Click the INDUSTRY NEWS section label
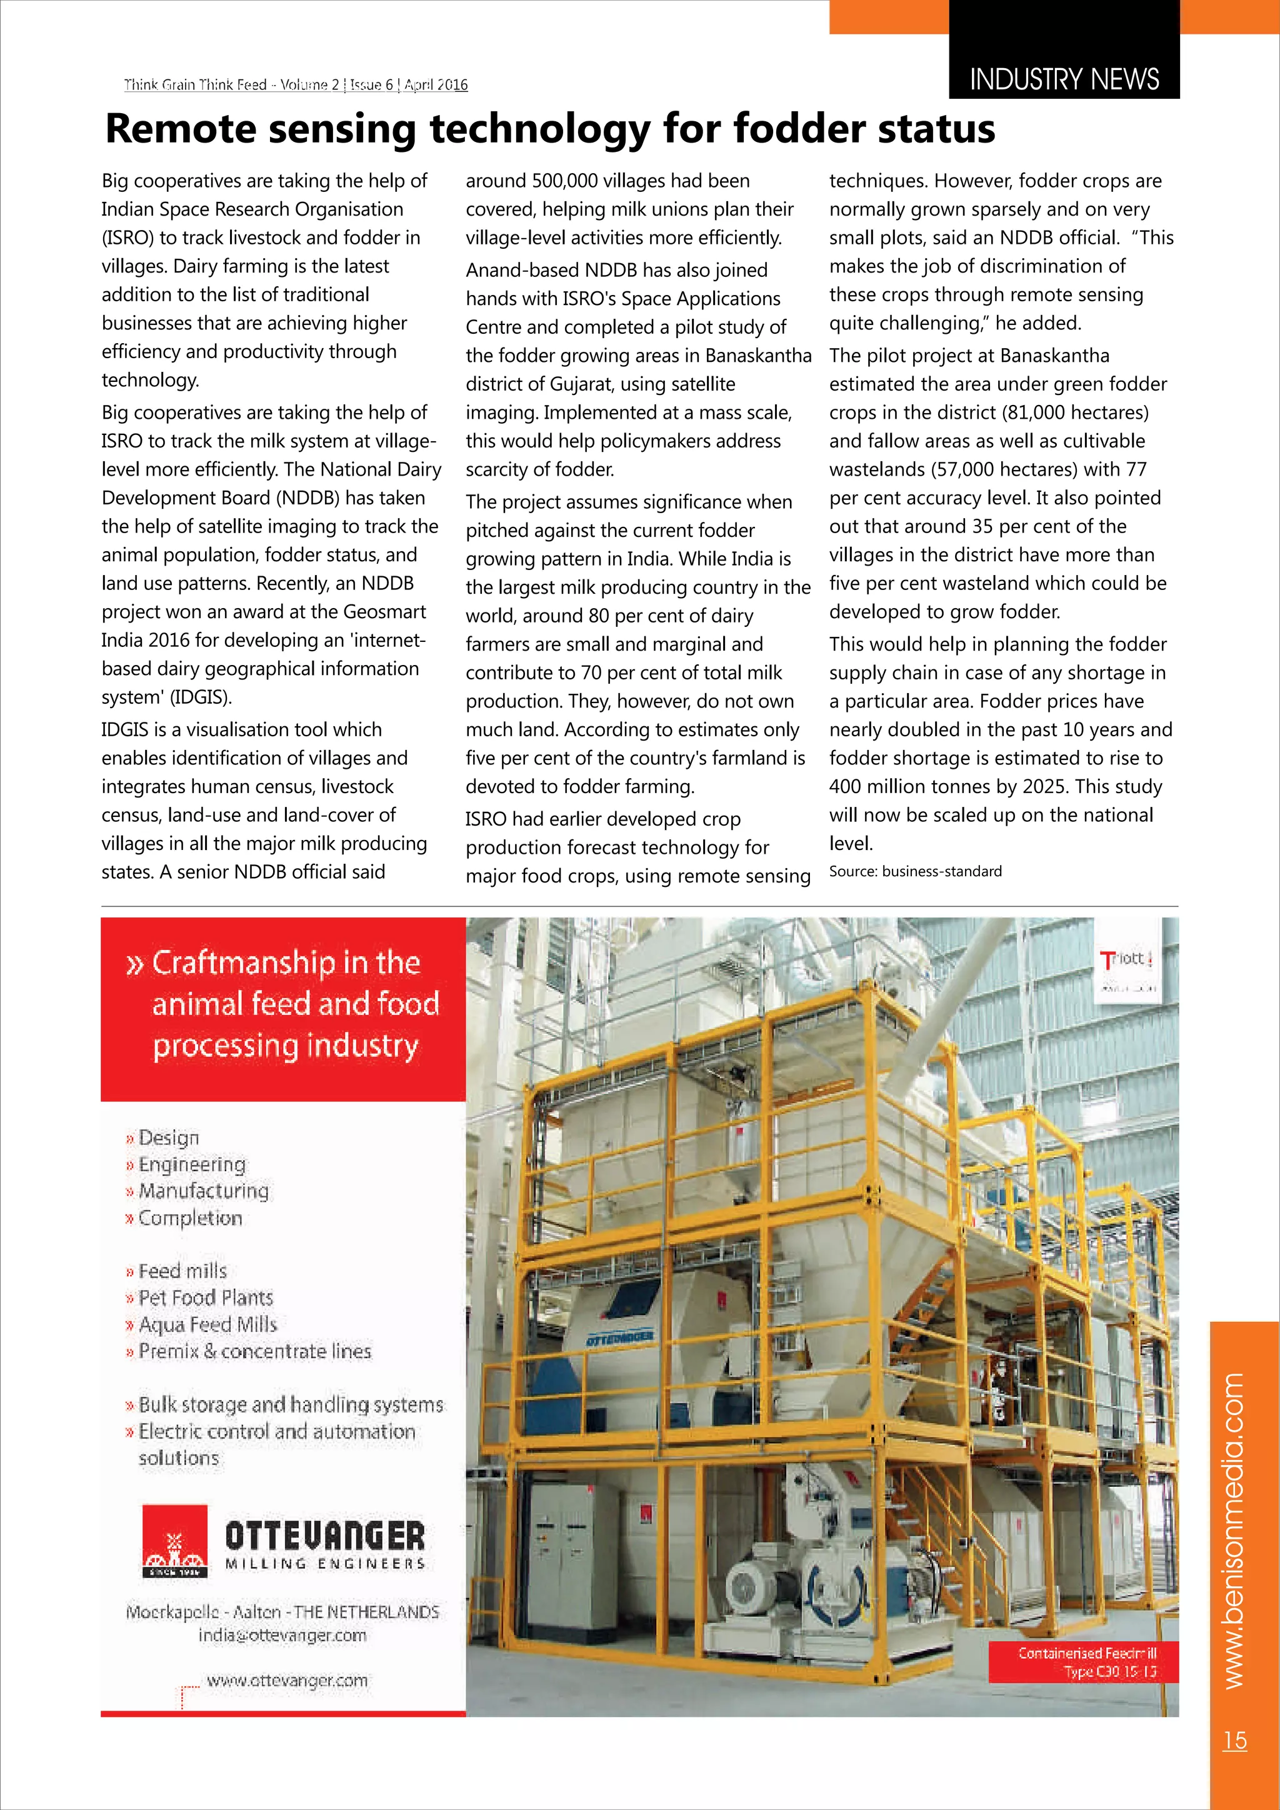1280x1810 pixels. pyautogui.click(x=1063, y=79)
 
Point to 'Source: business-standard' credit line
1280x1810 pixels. pyautogui.click(x=915, y=871)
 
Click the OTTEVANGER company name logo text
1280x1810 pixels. pyautogui.click(x=325, y=1536)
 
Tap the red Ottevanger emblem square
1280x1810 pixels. pyautogui.click(x=175, y=1541)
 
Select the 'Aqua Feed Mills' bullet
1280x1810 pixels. pyautogui.click(x=207, y=1324)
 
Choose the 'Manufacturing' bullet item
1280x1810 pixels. pyautogui.click(x=203, y=1191)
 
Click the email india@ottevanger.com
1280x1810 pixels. pyautogui.click(x=282, y=1635)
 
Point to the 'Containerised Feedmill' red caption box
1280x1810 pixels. pyautogui.click(x=1086, y=1662)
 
